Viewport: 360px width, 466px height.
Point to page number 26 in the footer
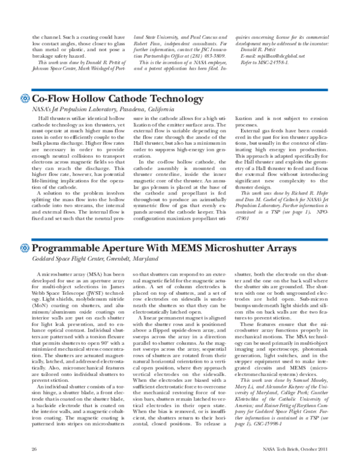click(x=34, y=449)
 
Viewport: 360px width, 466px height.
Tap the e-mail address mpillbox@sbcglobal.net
click(x=286, y=55)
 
